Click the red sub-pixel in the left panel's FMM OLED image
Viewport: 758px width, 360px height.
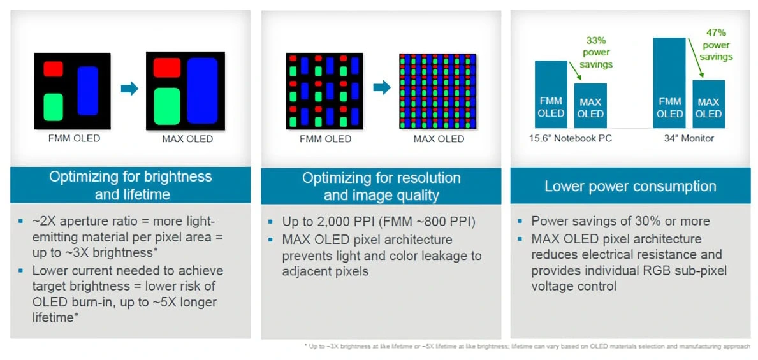pyautogui.click(x=53, y=69)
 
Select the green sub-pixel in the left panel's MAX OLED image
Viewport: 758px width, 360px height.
pyautogui.click(x=168, y=105)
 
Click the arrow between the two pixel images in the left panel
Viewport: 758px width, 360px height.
pyautogui.click(x=129, y=89)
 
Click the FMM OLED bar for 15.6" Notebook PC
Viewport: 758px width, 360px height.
pyautogui.click(x=551, y=94)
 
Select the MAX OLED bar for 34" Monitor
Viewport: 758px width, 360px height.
pyautogui.click(x=708, y=104)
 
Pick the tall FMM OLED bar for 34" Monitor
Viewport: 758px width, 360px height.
pyautogui.click(x=669, y=83)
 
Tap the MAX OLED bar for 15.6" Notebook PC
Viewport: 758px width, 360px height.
pyautogui.click(x=590, y=106)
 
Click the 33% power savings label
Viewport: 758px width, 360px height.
pyautogui.click(x=596, y=52)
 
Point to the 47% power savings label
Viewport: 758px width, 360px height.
pyautogui.click(x=716, y=45)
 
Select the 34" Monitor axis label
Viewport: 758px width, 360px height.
pyautogui.click(x=689, y=138)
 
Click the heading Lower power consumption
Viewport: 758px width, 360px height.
pyautogui.click(x=630, y=186)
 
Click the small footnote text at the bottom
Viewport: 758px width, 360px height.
pyautogui.click(x=527, y=346)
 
